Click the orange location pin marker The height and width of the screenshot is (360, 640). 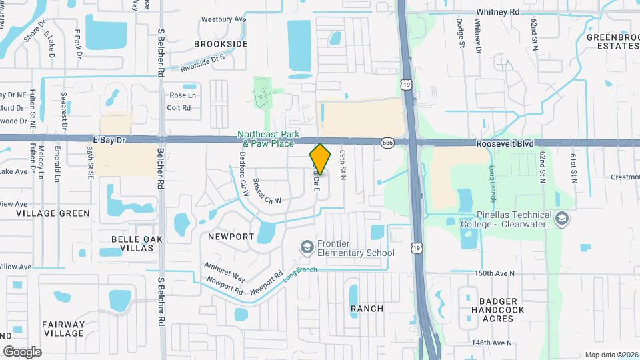coord(321,159)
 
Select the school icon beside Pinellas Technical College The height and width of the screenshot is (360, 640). coord(562,219)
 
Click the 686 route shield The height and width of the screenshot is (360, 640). coord(387,143)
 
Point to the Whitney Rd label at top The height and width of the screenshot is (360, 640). coord(497,12)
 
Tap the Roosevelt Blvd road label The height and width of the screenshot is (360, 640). coord(505,143)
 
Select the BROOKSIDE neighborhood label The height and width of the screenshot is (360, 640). coord(221,44)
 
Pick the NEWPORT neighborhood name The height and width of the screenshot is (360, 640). coord(231,237)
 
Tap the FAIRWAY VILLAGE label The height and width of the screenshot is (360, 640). coord(63,329)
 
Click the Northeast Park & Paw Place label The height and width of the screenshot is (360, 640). coord(267,139)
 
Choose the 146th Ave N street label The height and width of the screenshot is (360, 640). coord(491,343)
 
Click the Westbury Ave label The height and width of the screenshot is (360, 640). coord(223,19)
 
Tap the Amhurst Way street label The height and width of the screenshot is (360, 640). coord(225,271)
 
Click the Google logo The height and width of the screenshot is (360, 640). coord(22,351)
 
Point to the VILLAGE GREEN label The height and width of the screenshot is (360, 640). coord(53,213)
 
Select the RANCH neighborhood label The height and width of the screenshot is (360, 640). coord(367,309)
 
